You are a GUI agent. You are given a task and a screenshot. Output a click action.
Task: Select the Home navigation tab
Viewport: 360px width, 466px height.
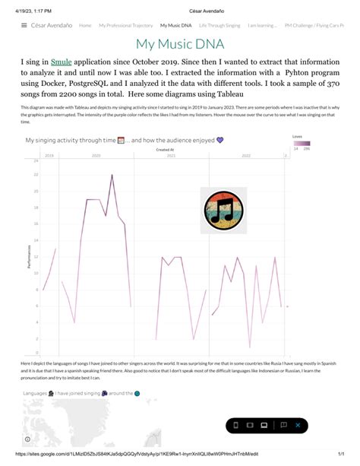point(85,25)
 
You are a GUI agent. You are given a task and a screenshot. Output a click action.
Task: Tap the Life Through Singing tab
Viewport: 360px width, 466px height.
point(220,25)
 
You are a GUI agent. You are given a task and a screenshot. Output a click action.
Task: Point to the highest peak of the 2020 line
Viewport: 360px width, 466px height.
point(112,175)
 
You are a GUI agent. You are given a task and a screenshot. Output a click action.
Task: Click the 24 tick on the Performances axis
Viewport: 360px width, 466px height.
point(36,161)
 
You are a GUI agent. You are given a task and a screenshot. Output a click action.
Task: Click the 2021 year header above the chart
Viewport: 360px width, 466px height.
point(171,154)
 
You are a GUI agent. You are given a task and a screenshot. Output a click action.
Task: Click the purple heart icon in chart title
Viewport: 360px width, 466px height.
point(220,140)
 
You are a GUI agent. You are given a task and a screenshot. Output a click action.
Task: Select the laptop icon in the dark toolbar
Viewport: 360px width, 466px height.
point(264,425)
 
